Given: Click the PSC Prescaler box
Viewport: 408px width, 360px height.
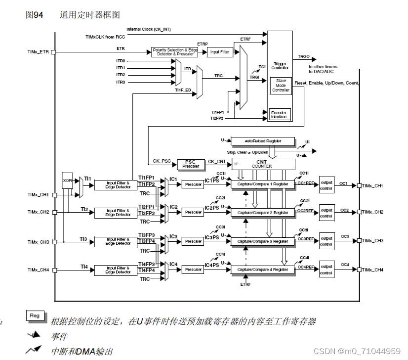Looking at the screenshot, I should [190, 163].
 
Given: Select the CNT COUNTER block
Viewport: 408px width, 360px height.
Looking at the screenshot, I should [262, 163].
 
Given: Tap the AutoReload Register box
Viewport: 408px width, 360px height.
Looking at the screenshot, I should [262, 141].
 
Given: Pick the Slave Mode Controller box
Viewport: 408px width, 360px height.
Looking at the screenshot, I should [281, 86].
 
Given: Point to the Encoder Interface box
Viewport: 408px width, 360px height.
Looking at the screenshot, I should [279, 114].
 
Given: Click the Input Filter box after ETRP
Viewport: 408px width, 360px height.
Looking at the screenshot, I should [220, 52].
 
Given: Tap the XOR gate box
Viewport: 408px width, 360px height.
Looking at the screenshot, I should [68, 181].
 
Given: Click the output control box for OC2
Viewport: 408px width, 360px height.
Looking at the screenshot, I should [326, 213].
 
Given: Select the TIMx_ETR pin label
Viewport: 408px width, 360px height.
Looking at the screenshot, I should [38, 51].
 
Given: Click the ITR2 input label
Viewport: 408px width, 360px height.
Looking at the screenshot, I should [121, 75].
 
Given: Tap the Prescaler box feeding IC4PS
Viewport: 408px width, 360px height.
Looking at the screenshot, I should [193, 270].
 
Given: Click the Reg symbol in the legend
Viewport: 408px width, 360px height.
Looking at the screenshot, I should [35, 316].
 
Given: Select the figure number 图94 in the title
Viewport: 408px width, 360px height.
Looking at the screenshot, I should [34, 15].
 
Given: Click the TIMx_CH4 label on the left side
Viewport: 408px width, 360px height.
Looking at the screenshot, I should [38, 270].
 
